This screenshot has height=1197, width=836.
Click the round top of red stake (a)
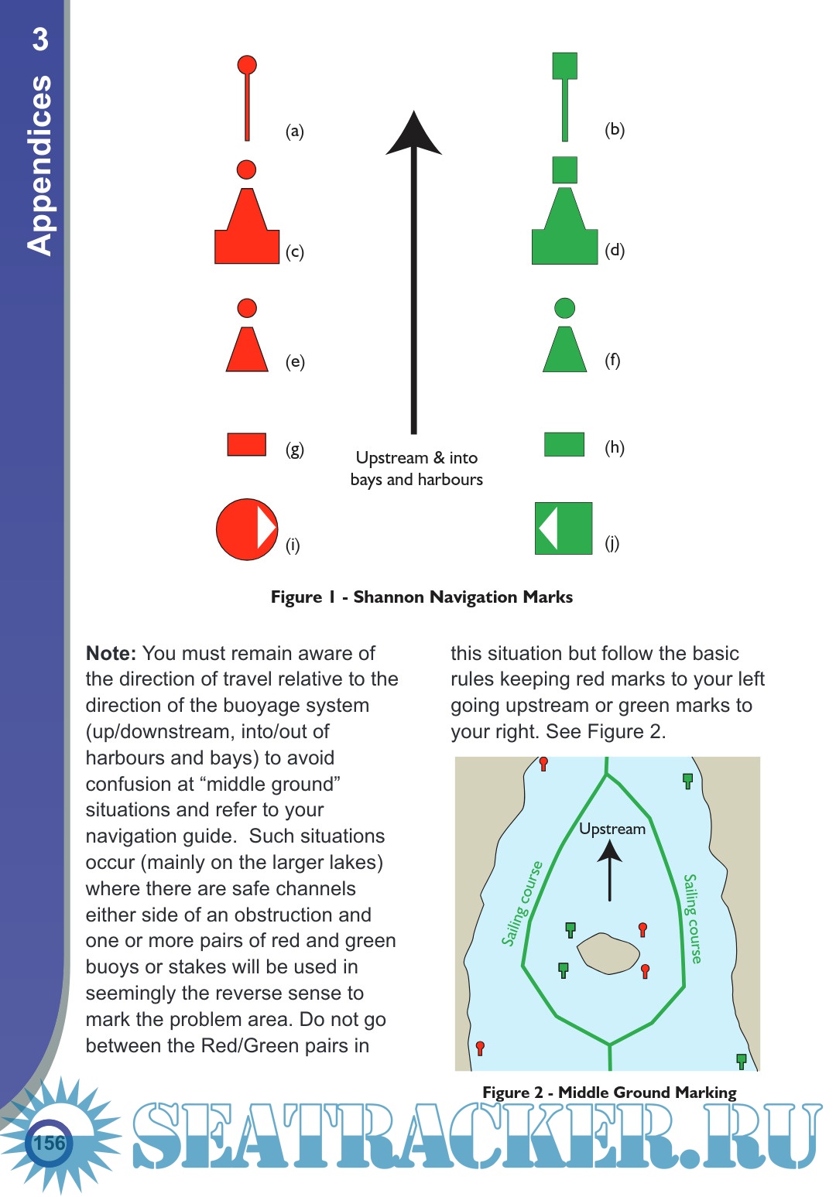pyautogui.click(x=247, y=65)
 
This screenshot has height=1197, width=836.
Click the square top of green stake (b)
pyautogui.click(x=564, y=66)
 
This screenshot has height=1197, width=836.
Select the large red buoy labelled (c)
pyautogui.click(x=247, y=232)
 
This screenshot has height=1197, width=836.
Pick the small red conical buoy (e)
pyautogui.click(x=247, y=351)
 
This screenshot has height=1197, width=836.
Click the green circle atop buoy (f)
pyautogui.click(x=565, y=308)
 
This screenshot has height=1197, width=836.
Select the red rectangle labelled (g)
pyautogui.click(x=247, y=444)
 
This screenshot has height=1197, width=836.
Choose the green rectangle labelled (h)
pyautogui.click(x=564, y=444)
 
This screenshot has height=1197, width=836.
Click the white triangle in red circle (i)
pyautogui.click(x=266, y=528)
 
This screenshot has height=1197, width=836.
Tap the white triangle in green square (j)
pyautogui.click(x=549, y=528)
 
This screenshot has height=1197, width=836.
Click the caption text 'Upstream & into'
pyautogui.click(x=416, y=457)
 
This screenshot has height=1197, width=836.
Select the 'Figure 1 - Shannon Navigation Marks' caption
pyautogui.click(x=421, y=597)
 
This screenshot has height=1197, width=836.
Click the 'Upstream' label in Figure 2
pyautogui.click(x=612, y=829)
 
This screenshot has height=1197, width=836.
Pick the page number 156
pyautogui.click(x=50, y=1143)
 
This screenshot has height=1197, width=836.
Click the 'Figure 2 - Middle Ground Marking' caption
pyautogui.click(x=609, y=1092)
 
